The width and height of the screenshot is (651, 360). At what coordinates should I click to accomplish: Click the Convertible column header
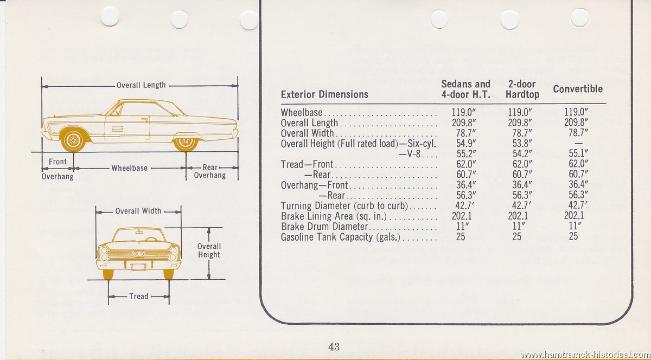pyautogui.click(x=578, y=89)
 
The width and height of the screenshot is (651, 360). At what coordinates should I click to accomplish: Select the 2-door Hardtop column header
pyautogui.click(x=522, y=89)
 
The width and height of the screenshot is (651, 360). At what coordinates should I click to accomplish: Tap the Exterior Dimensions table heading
pyautogui.click(x=324, y=94)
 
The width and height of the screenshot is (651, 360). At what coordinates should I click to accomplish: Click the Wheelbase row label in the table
pyautogui.click(x=302, y=112)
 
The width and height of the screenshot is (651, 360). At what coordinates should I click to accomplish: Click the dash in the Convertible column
pyautogui.click(x=579, y=143)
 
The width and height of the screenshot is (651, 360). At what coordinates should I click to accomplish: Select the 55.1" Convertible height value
pyautogui.click(x=578, y=153)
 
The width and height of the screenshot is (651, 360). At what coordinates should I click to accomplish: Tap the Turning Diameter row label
pyautogui.click(x=344, y=205)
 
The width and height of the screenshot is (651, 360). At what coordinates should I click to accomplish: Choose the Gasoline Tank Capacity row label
pyautogui.click(x=340, y=237)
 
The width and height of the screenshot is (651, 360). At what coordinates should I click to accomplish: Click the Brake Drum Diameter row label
pyautogui.click(x=324, y=226)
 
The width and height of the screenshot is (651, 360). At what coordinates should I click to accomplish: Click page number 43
pyautogui.click(x=334, y=346)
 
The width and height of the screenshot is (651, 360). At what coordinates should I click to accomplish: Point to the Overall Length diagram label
pyautogui.click(x=141, y=85)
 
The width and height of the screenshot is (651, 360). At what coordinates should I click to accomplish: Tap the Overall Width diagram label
pyautogui.click(x=138, y=211)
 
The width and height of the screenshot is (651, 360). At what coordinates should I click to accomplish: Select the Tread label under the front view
pyautogui.click(x=139, y=297)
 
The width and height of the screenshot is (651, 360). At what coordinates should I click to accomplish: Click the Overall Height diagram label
pyautogui.click(x=209, y=250)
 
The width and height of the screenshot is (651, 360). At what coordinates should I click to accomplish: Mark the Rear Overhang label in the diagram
pyautogui.click(x=210, y=171)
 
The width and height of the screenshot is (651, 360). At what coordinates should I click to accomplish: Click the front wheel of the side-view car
pyautogui.click(x=73, y=140)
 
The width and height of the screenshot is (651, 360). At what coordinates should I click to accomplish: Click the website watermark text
pyautogui.click(x=585, y=355)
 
